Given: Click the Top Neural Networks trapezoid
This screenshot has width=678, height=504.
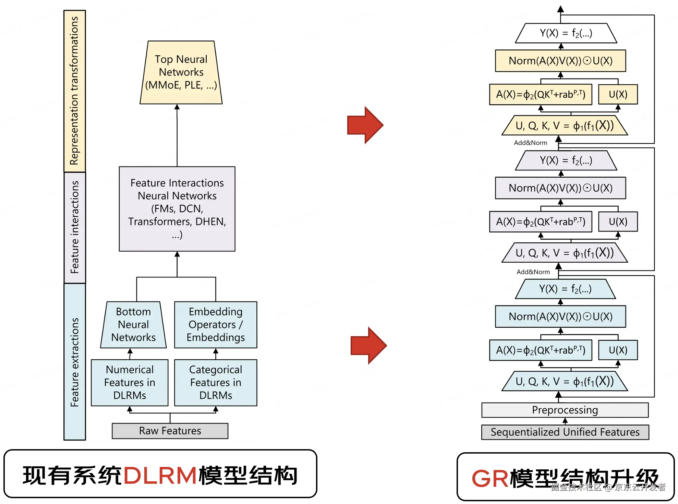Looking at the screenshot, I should (x=181, y=72).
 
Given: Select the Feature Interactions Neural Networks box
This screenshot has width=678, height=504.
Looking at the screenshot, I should (x=177, y=209).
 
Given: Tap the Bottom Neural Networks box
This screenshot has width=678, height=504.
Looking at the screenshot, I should (x=133, y=325).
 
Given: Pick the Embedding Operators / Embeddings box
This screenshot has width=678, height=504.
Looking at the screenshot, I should (x=216, y=325).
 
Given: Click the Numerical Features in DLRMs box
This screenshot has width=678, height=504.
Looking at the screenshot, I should (x=130, y=383).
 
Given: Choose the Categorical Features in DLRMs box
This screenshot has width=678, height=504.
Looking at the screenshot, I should (x=216, y=383).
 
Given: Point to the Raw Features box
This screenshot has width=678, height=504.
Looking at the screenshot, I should (x=170, y=431).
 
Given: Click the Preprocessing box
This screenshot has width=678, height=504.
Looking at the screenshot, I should (x=565, y=410).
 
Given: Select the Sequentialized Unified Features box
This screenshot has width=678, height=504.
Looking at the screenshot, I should (x=565, y=432).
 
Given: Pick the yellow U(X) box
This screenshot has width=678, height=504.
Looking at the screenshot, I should (x=618, y=94).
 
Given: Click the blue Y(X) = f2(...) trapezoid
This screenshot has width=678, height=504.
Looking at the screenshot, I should (x=565, y=289).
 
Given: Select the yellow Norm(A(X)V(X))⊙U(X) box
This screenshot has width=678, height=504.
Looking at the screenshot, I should (x=560, y=61).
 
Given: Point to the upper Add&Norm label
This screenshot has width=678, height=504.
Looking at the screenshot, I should (x=530, y=143).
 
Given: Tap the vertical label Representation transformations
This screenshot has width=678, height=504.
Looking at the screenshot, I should (x=74, y=91).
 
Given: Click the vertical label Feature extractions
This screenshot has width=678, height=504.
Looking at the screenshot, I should (x=74, y=362).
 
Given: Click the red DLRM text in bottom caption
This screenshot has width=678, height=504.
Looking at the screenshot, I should (x=160, y=475).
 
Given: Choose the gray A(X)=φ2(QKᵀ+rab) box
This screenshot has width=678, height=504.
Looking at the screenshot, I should (x=540, y=222).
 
